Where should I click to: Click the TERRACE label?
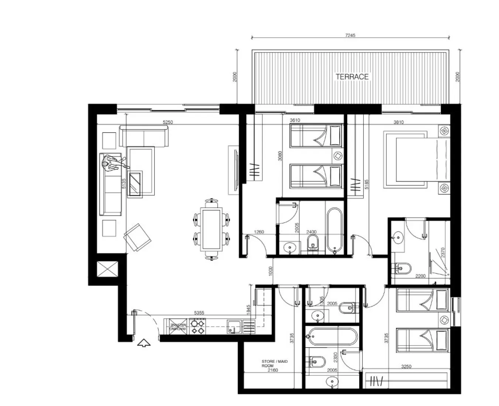click(x=352, y=77)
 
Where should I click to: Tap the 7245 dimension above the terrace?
click(x=350, y=36)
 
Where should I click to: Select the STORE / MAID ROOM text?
click(x=274, y=364)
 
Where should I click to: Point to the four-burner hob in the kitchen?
click(x=197, y=327)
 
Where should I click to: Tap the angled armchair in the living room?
click(x=137, y=237)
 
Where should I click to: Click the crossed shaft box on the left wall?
click(x=107, y=269)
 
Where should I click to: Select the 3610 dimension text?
click(x=295, y=120)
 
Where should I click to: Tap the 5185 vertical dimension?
click(x=366, y=185)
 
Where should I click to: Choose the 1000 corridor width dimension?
click(x=271, y=271)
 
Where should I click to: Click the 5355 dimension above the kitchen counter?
click(x=199, y=313)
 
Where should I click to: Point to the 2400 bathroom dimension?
click(x=312, y=232)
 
